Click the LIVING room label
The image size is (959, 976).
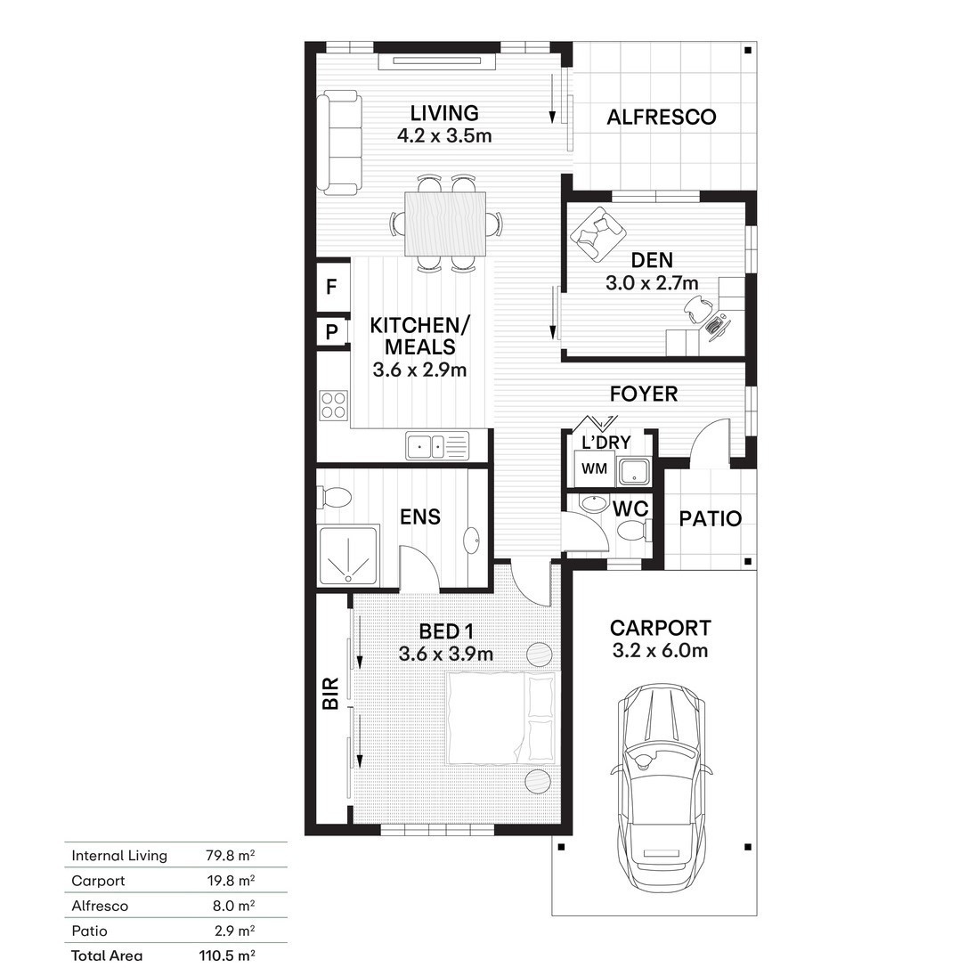point(444,113)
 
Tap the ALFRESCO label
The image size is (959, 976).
point(661,117)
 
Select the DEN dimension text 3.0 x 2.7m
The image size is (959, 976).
point(652,283)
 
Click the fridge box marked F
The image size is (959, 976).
point(333,287)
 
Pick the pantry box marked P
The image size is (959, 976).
point(332,332)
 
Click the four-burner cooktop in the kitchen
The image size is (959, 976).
point(334,404)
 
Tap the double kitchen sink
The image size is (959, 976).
point(437,445)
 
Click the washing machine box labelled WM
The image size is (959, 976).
point(594,468)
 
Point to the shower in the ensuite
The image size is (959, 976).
point(348,556)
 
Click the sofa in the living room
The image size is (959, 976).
point(339,142)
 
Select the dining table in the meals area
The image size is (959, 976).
point(445,224)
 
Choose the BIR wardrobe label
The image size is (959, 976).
point(330,693)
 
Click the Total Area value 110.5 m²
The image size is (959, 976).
point(227,956)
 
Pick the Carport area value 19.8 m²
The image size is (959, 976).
point(231,881)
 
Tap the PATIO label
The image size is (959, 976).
point(710,518)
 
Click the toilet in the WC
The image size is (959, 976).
point(632,531)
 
